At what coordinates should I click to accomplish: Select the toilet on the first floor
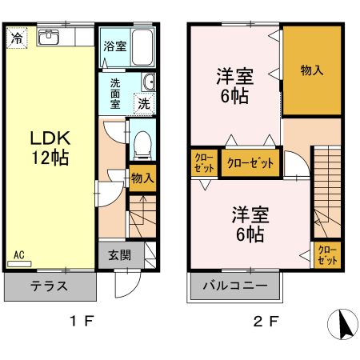(x=142, y=145)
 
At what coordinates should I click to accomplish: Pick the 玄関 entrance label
(x=120, y=256)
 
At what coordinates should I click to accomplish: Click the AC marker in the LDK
(x=19, y=255)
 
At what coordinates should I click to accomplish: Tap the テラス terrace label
(x=48, y=286)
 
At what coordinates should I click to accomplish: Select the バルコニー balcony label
(x=235, y=286)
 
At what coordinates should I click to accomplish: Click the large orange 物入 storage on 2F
(x=312, y=70)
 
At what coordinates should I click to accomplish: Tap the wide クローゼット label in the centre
(x=250, y=163)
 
